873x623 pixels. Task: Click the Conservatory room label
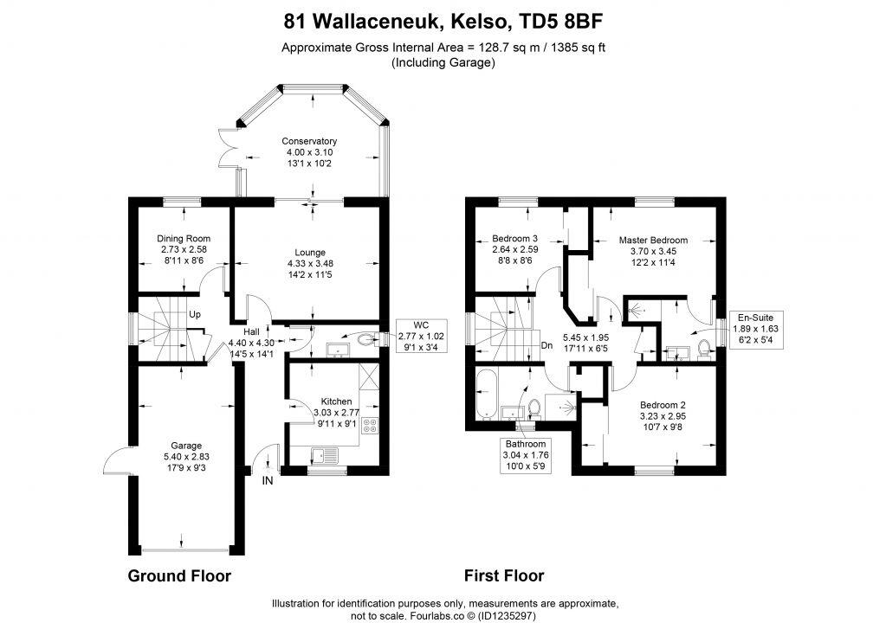tap(309, 141)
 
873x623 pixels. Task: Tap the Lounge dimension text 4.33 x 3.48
tap(310, 264)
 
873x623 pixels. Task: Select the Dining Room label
tap(184, 239)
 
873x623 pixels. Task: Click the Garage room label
tap(186, 446)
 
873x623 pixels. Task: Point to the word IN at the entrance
tap(268, 480)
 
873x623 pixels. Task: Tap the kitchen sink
tap(324, 456)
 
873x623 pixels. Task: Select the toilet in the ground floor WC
tap(367, 339)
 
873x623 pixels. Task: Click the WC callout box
tap(422, 336)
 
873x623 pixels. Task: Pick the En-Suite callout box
tap(755, 330)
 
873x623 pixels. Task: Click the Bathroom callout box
tap(526, 455)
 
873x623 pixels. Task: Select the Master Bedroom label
tap(653, 241)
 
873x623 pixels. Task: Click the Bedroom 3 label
tap(514, 239)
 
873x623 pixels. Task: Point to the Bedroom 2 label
tap(663, 405)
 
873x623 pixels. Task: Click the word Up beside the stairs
tap(194, 315)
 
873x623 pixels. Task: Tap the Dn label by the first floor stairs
tap(546, 345)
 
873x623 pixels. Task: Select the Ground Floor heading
tap(179, 575)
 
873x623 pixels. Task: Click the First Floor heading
tap(504, 575)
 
